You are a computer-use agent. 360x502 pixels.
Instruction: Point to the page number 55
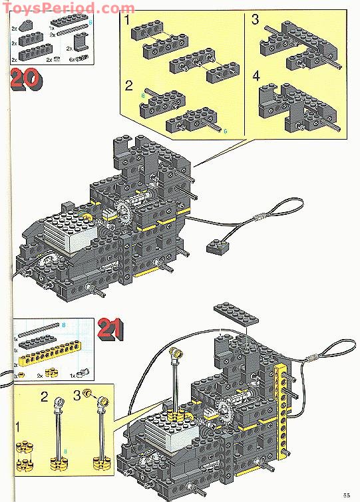[x=347, y=493]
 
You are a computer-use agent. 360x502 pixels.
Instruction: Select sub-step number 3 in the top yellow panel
[x=256, y=19]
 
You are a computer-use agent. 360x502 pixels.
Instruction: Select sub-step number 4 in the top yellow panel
[x=256, y=75]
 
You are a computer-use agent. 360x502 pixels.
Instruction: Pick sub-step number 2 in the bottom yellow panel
[x=45, y=398]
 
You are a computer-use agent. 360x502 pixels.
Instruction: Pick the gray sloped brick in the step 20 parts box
[x=26, y=25]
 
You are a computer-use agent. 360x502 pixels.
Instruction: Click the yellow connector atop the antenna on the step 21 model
[x=178, y=352]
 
